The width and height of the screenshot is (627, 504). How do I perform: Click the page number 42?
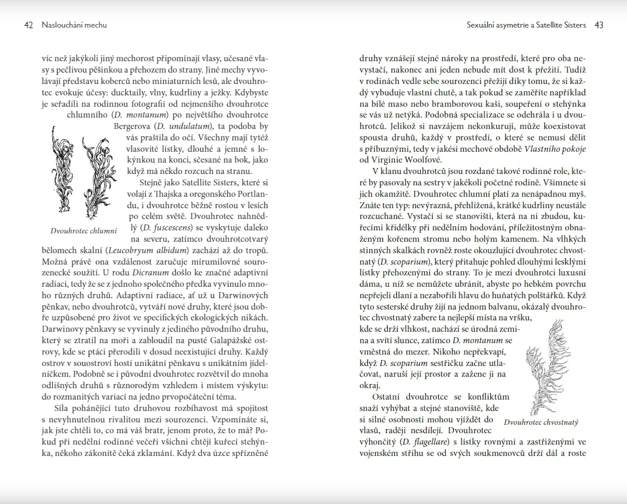(x=29, y=25)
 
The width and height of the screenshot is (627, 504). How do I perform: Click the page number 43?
(x=599, y=25)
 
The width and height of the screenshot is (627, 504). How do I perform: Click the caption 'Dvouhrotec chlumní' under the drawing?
(x=83, y=230)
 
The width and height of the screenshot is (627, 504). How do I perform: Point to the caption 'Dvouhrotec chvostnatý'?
(x=541, y=422)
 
